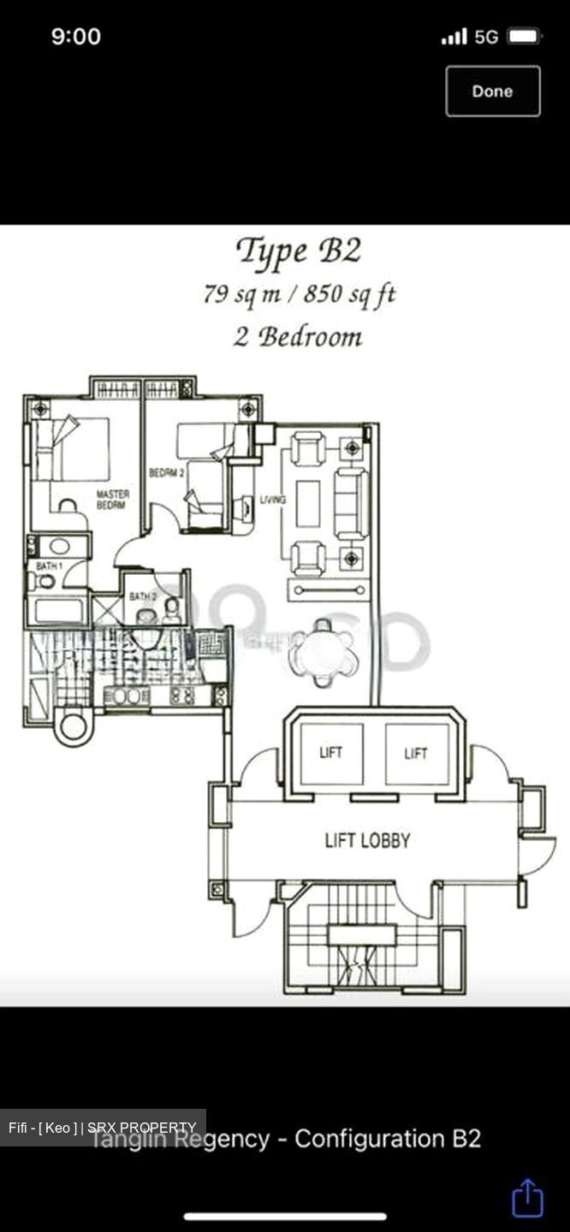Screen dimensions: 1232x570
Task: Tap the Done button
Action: pyautogui.click(x=492, y=91)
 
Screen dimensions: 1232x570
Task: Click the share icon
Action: pyautogui.click(x=527, y=1198)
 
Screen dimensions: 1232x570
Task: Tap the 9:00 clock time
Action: pyautogui.click(x=76, y=36)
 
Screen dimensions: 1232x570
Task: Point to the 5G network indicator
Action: pyautogui.click(x=486, y=36)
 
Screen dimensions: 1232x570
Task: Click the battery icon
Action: pyautogui.click(x=524, y=36)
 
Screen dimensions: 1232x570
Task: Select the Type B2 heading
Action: pyautogui.click(x=298, y=252)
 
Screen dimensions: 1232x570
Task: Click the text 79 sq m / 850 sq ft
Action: pyautogui.click(x=299, y=294)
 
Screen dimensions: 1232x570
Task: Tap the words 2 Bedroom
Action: pyautogui.click(x=298, y=336)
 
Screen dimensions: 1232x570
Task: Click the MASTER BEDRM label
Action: pyautogui.click(x=112, y=500)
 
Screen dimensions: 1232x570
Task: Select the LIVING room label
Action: pyautogui.click(x=273, y=500)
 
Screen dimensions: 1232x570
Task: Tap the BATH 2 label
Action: pyautogui.click(x=142, y=596)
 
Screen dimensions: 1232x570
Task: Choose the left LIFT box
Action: pyautogui.click(x=330, y=753)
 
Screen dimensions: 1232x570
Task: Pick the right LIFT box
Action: pyautogui.click(x=416, y=753)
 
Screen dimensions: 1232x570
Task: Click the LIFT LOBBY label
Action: pyautogui.click(x=367, y=840)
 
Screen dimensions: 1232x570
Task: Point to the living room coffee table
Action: pyautogui.click(x=308, y=503)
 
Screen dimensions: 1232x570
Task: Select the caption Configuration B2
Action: pyautogui.click(x=388, y=1139)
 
